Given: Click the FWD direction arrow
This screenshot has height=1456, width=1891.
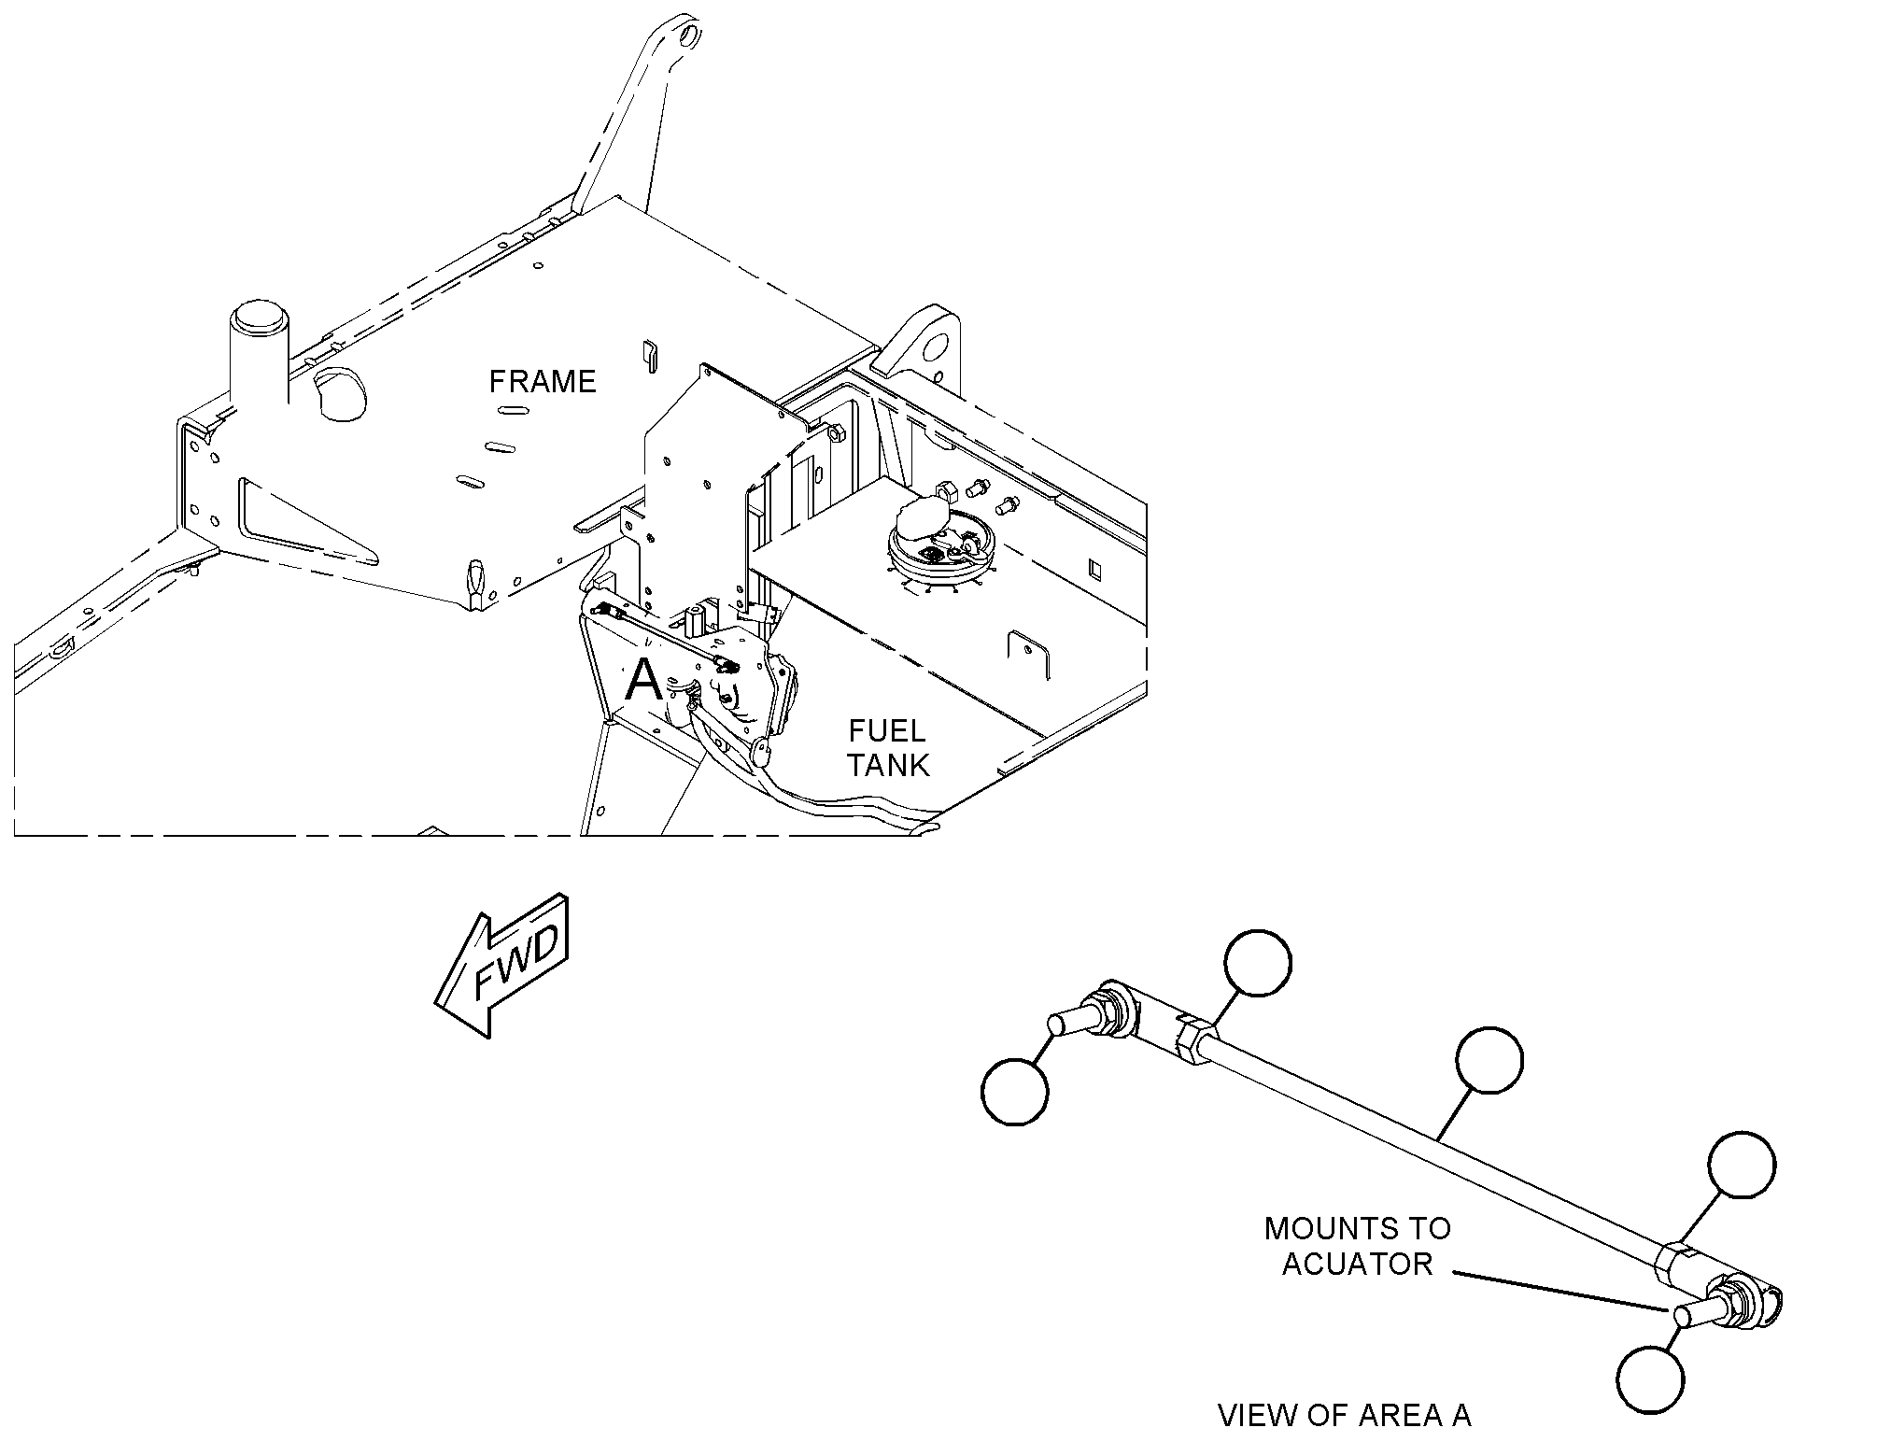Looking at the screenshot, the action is (x=501, y=964).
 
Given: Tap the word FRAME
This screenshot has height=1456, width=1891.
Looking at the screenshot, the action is (x=543, y=381).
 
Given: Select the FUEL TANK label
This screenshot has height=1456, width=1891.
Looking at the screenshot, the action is (x=887, y=747).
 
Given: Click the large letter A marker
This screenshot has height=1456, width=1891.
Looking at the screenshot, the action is (x=643, y=680).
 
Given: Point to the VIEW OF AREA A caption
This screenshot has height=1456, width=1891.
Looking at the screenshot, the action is (x=1345, y=1416).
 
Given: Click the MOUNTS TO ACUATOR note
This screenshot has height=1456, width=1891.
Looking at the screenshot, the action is (x=1358, y=1246).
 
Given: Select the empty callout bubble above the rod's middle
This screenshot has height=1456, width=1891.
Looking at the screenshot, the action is (x=1490, y=1060).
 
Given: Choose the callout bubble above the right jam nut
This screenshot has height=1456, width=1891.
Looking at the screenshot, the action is (x=1742, y=1164).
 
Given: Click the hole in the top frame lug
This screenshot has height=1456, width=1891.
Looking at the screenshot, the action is (x=689, y=36).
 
